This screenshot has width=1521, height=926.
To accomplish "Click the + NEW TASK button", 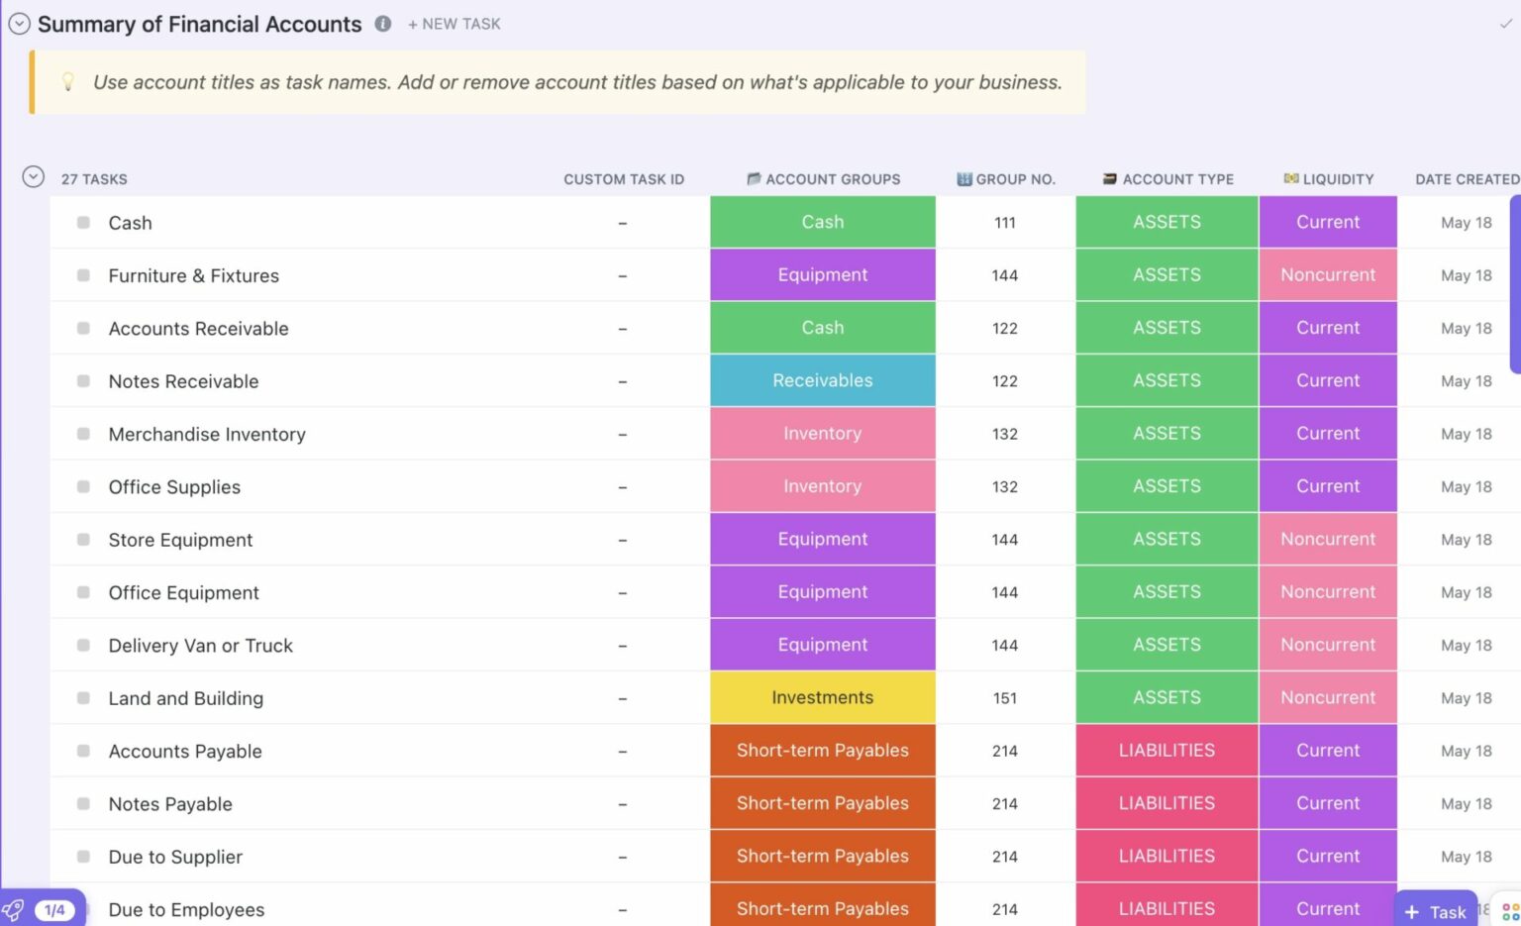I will [x=455, y=24].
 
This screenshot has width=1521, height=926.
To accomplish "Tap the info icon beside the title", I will [x=383, y=24].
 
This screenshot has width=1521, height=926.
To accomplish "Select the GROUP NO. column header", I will [x=1006, y=179].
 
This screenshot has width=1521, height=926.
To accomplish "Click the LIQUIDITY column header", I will [x=1329, y=179].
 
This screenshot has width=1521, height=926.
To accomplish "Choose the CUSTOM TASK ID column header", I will [x=624, y=179].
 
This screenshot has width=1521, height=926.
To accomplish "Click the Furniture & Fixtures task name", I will [x=194, y=275].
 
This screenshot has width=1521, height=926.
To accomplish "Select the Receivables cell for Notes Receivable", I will [x=823, y=380].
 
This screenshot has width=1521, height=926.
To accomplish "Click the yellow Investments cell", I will [x=823, y=697].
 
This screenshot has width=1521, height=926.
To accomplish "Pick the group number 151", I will [x=1005, y=698].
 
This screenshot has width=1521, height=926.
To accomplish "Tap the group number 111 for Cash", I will [x=1005, y=223].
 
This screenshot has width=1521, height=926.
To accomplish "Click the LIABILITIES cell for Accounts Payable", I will [x=1166, y=751].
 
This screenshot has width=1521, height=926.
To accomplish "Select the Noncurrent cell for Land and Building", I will [x=1328, y=697].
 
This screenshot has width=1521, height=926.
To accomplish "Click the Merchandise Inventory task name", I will [x=207, y=434].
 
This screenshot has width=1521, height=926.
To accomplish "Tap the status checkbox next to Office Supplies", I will [x=84, y=487].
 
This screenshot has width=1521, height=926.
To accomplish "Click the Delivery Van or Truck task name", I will [x=201, y=646].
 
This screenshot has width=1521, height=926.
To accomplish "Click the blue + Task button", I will [x=1436, y=911].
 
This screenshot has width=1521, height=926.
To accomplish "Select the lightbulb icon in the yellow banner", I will [x=68, y=82].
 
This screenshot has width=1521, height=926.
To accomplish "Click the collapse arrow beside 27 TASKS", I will [x=34, y=177].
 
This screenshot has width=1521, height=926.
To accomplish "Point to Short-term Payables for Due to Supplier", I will [x=823, y=856].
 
